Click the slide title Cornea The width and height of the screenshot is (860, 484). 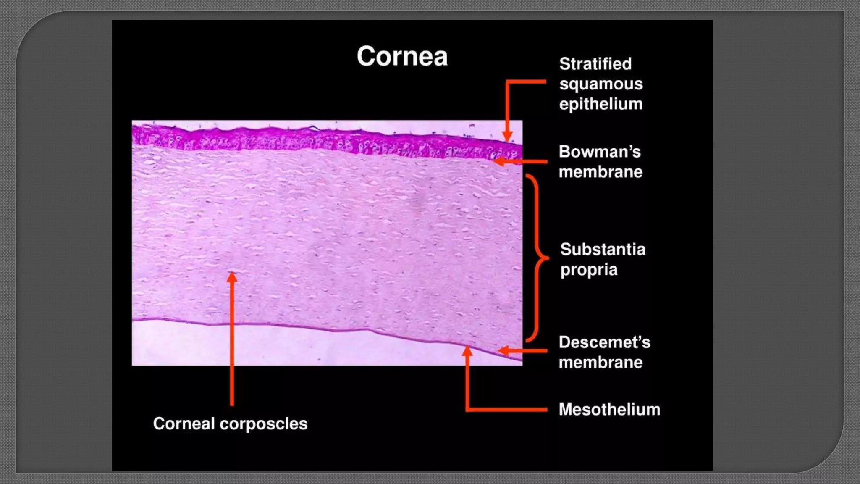(x=402, y=56)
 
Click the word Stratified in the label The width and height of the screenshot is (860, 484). (x=595, y=64)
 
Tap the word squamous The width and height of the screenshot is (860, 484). (x=601, y=84)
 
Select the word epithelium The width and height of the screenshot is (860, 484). (x=601, y=104)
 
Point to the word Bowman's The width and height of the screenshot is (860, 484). (x=600, y=152)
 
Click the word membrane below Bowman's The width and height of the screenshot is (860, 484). (x=600, y=172)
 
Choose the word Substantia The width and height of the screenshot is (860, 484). (x=603, y=250)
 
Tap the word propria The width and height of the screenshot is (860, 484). (x=589, y=270)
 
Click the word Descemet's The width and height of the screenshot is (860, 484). (x=604, y=342)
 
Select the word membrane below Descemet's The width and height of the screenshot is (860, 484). (x=600, y=363)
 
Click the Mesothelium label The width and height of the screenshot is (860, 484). (x=609, y=410)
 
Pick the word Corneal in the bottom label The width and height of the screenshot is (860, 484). (x=184, y=423)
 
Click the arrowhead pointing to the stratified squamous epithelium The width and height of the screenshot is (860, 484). (x=507, y=137)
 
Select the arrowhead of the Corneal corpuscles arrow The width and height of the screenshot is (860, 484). (x=232, y=277)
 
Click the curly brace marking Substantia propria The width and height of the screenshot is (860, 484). (x=537, y=258)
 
